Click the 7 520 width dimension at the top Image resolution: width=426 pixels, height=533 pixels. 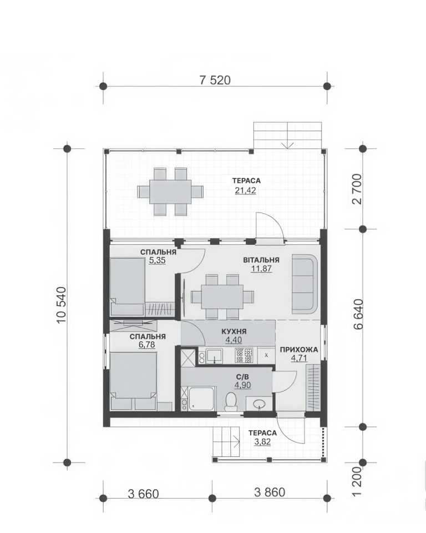[x=215, y=80]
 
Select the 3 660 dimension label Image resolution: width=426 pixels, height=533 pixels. [x=143, y=494]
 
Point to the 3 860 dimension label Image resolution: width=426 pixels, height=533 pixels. [x=270, y=492]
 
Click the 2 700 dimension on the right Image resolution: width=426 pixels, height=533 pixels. [x=358, y=189]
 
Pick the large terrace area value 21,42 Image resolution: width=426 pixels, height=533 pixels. [x=245, y=190]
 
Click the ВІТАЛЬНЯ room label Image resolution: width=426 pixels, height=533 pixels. [x=261, y=260]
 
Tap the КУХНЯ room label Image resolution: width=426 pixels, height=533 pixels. [x=234, y=331]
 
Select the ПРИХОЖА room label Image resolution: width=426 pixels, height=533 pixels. [x=298, y=349]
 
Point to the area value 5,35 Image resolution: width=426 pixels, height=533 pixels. [x=157, y=260]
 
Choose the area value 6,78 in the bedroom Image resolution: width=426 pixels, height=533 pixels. [x=147, y=345]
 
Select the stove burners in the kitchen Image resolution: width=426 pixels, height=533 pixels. [x=244, y=355]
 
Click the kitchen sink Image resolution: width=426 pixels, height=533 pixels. [x=214, y=356]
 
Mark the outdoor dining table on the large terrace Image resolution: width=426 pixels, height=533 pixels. [x=170, y=192]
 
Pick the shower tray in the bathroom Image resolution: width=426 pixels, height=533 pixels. [x=202, y=399]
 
